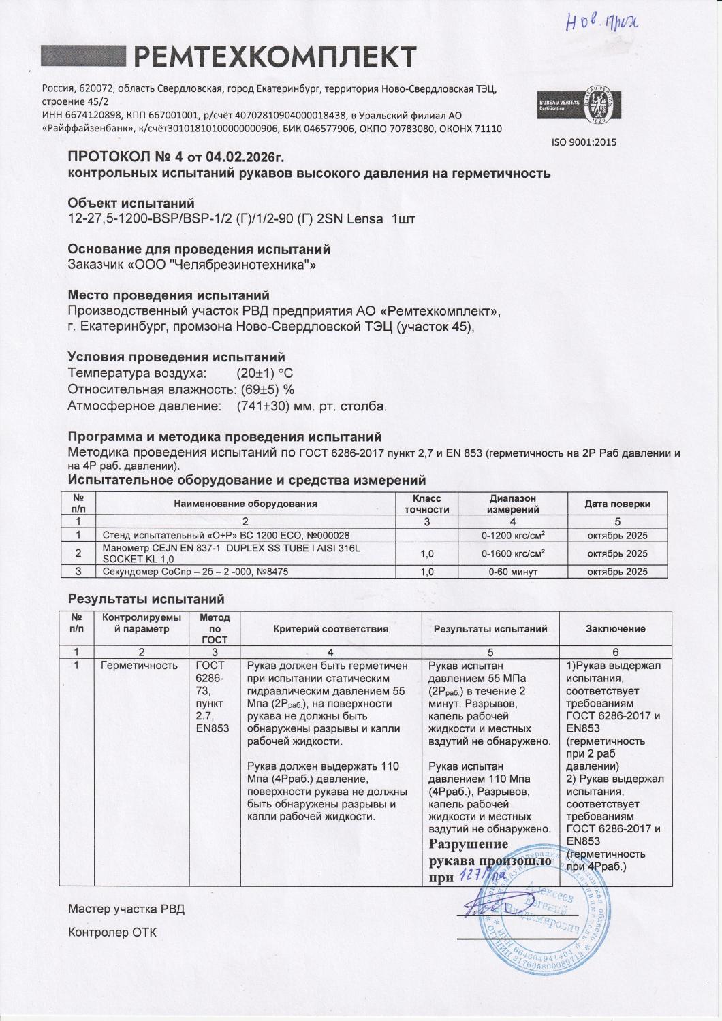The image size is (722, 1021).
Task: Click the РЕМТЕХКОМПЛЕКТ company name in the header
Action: [272, 57]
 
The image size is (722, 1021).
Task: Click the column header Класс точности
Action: [427, 504]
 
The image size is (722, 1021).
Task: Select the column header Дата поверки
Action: [617, 504]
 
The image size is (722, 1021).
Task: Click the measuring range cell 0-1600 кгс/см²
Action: [513, 554]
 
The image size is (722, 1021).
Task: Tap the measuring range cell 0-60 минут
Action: [513, 572]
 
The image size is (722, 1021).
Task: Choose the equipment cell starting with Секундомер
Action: [195, 572]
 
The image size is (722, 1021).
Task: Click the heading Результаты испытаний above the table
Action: [146, 600]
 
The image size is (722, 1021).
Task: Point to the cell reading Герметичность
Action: [139, 666]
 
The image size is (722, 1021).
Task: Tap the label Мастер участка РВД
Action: [127, 909]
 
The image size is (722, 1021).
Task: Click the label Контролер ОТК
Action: [112, 933]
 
